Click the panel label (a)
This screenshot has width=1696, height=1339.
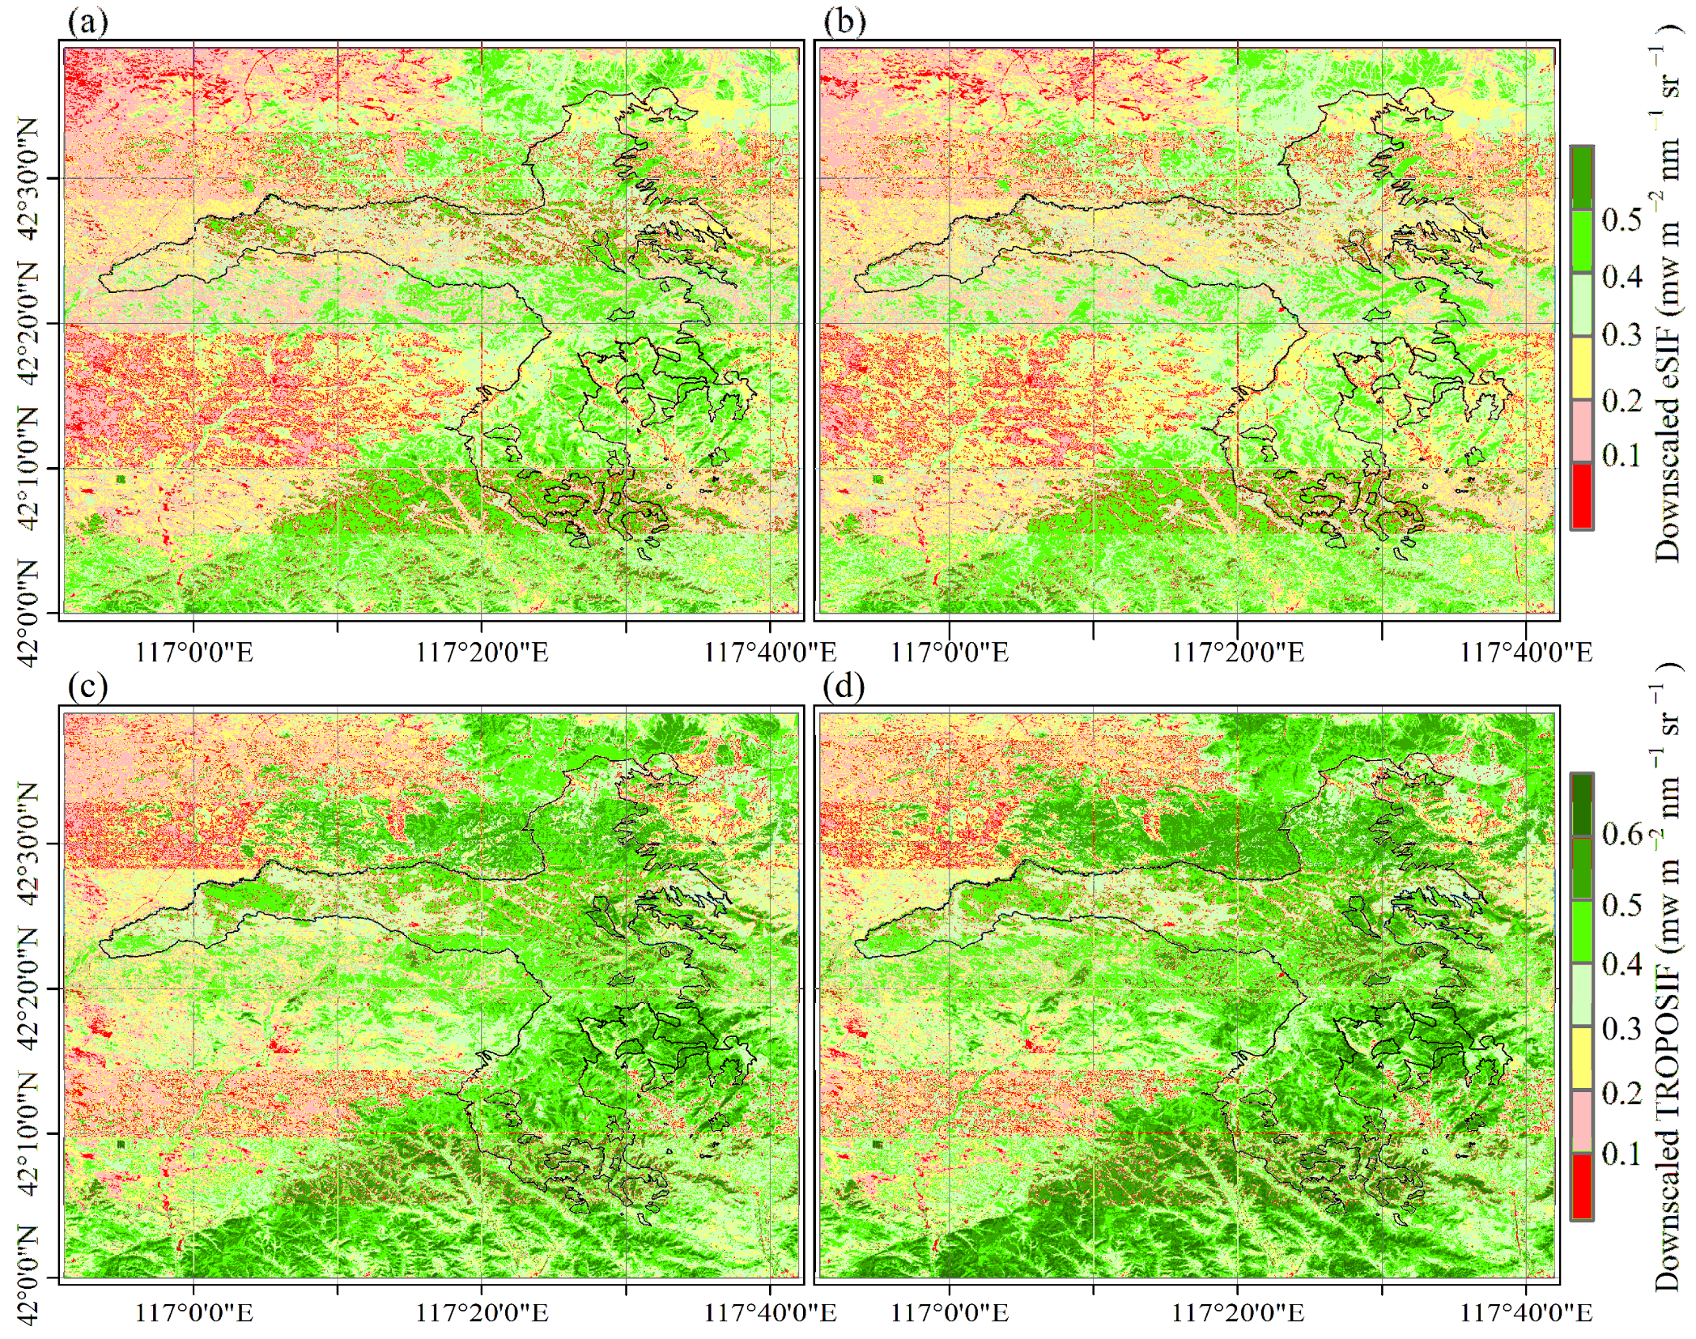point(87,22)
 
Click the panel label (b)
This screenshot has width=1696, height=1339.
point(844,22)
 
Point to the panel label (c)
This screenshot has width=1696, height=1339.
point(87,687)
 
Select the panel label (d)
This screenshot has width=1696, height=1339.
point(844,687)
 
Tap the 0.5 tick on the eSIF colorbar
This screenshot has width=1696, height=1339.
point(1622,219)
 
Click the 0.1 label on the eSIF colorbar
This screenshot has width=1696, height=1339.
point(1622,455)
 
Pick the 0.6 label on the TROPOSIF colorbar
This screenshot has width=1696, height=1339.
point(1622,833)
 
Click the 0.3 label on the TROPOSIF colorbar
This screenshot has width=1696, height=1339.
point(1622,1028)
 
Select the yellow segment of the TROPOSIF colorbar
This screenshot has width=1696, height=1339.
point(1582,1058)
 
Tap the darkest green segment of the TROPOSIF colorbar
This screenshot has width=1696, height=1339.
point(1582,806)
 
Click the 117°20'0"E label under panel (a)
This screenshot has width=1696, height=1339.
point(482,652)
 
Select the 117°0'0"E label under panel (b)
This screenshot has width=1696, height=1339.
point(950,652)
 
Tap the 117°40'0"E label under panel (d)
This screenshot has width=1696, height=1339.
point(1526,1312)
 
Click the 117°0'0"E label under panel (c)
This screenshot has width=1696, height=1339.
point(193,1312)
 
